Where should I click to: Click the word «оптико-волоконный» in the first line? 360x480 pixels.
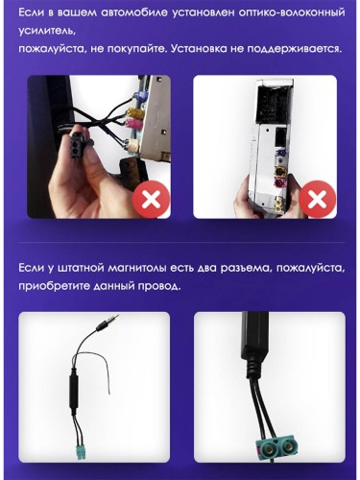(x=292, y=12)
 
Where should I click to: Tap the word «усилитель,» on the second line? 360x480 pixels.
(x=47, y=32)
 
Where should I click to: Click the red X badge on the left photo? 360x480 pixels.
(x=151, y=200)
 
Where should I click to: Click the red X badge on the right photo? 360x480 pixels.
(x=317, y=200)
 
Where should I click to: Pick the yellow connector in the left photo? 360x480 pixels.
(x=132, y=112)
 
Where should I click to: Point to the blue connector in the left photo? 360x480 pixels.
(x=141, y=95)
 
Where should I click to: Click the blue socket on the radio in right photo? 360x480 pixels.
(x=281, y=154)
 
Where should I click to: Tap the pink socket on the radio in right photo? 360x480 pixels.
(x=281, y=184)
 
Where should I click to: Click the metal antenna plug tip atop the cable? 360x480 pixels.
(x=113, y=319)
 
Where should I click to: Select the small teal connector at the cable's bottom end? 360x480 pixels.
(x=80, y=451)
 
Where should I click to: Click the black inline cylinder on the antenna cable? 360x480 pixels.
(x=73, y=391)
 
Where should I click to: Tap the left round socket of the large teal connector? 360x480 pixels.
(x=268, y=449)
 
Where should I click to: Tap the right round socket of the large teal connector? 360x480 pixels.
(x=288, y=447)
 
